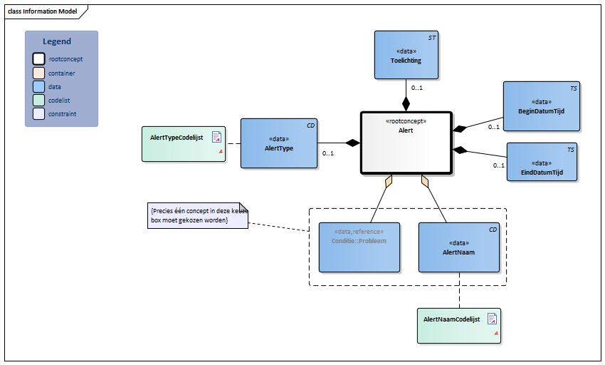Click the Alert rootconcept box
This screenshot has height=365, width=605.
click(x=406, y=143)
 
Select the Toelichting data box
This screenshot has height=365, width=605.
click(x=406, y=56)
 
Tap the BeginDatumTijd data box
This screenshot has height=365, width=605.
click(x=541, y=106)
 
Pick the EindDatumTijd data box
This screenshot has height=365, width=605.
click(x=542, y=162)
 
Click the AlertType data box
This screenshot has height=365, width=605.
click(x=279, y=143)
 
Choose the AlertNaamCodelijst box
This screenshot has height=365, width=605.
click(x=459, y=326)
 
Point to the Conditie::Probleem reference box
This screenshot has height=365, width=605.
click(x=359, y=247)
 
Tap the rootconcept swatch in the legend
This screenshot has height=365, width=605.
click(x=38, y=59)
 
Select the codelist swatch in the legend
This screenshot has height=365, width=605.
click(x=38, y=101)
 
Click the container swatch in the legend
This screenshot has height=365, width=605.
click(x=38, y=73)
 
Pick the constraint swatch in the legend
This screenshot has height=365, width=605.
click(x=38, y=114)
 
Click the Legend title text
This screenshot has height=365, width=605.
click(x=57, y=41)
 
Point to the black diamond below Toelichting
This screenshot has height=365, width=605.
click(x=406, y=104)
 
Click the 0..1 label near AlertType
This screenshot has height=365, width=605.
click(x=328, y=153)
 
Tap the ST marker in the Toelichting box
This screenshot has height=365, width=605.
click(x=431, y=36)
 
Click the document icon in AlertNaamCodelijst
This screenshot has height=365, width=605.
click(x=492, y=319)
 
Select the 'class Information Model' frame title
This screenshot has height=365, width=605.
click(x=42, y=11)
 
